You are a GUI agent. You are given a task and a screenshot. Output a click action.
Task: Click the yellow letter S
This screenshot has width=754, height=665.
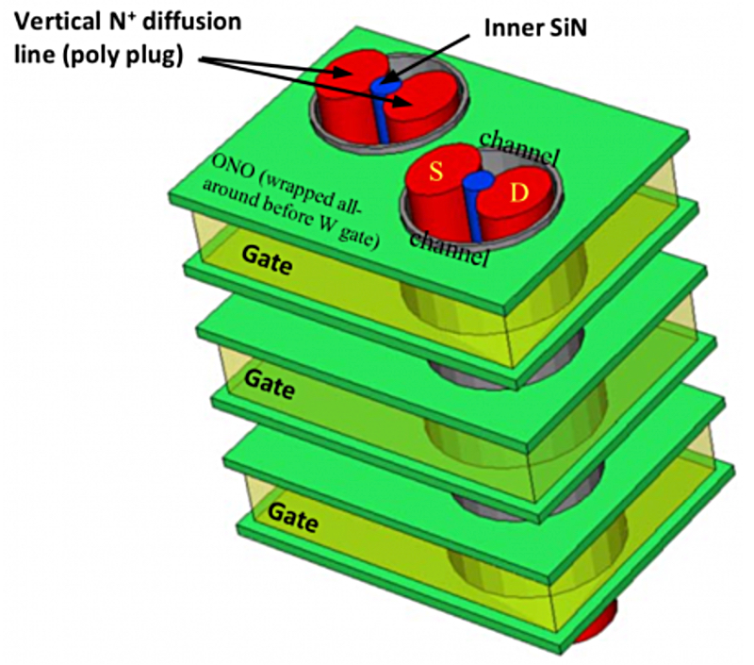coord(436,173)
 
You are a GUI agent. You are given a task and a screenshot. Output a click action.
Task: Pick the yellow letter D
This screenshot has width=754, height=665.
coord(520,193)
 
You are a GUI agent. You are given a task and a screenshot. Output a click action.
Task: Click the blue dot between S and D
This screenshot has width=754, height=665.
coord(481,180)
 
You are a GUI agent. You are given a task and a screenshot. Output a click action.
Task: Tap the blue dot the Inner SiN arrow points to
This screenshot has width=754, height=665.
coord(385,86)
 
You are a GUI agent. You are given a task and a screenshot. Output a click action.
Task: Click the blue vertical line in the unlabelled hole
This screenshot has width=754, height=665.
coord(384,121)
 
